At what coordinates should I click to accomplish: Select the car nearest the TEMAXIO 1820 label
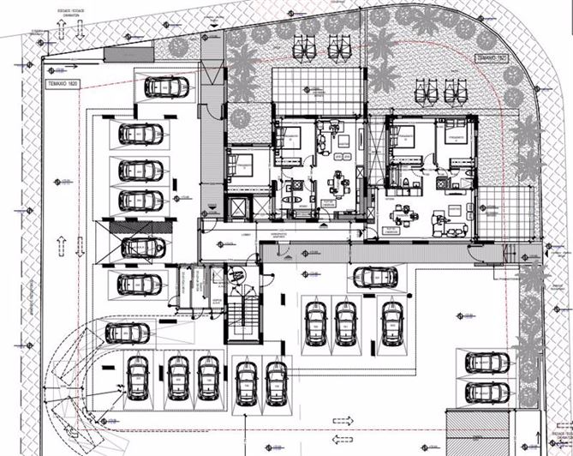tap(168, 87)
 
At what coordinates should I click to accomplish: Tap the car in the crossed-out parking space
tap(141, 247)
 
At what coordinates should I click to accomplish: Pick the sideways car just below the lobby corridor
tap(375, 276)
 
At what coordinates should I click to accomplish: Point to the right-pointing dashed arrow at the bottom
tap(343, 420)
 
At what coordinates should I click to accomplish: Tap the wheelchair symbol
tap(237, 275)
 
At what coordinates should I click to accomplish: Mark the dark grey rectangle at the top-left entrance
tap(115, 54)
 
